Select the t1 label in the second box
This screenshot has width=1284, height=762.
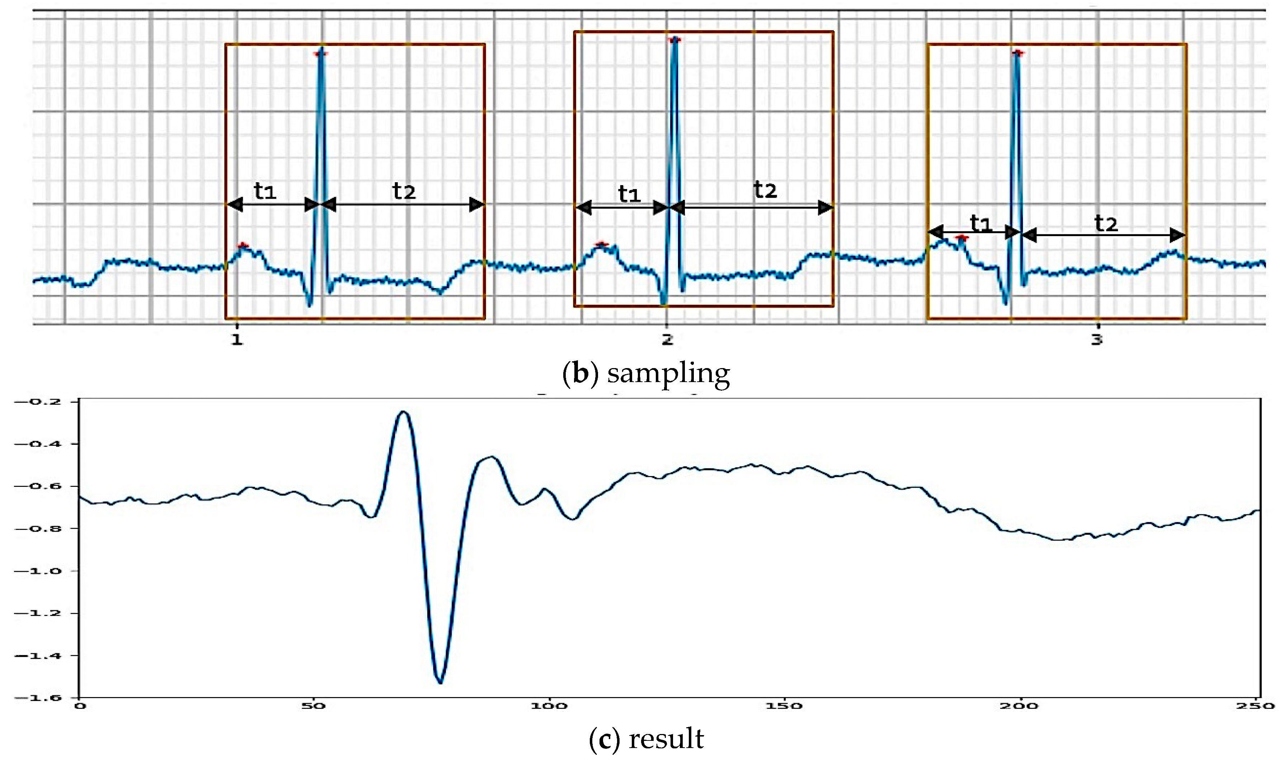pyautogui.click(x=629, y=194)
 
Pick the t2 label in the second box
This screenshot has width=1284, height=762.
pyautogui.click(x=765, y=190)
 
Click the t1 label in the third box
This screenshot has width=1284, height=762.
pyautogui.click(x=980, y=224)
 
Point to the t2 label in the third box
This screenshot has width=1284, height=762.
pyautogui.click(x=1106, y=224)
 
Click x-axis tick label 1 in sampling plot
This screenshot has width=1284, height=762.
pyautogui.click(x=237, y=339)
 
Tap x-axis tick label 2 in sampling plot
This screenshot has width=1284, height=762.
pyautogui.click(x=667, y=339)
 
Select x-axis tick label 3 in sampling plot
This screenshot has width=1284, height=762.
pyautogui.click(x=1097, y=339)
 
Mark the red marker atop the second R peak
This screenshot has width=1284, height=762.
pyautogui.click(x=674, y=39)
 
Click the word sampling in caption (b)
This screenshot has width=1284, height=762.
pyautogui.click(x=668, y=374)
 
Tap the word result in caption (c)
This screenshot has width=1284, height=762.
pyautogui.click(x=666, y=739)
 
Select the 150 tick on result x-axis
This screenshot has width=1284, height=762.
pyautogui.click(x=784, y=706)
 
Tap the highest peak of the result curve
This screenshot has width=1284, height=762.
pyautogui.click(x=404, y=412)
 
